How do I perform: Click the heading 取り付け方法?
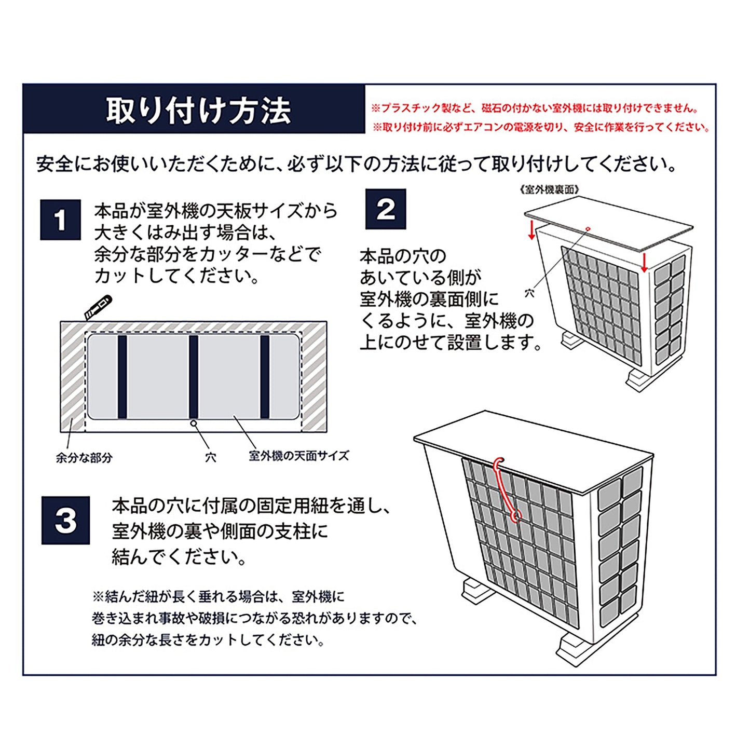click(x=198, y=111)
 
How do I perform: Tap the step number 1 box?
click(x=60, y=220)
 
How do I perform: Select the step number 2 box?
click(x=386, y=209)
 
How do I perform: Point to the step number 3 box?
click(x=65, y=521)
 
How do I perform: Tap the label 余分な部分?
click(x=84, y=458)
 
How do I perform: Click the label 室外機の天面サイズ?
click(x=299, y=456)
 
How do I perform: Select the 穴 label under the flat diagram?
click(x=211, y=457)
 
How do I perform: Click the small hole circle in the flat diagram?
click(x=193, y=424)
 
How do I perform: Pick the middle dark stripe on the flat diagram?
click(x=194, y=376)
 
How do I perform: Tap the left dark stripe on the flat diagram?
click(x=122, y=376)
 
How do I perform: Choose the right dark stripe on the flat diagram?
click(x=265, y=376)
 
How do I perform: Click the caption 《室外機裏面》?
click(x=548, y=189)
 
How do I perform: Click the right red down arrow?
click(x=644, y=263)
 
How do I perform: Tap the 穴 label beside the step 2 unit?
click(x=529, y=293)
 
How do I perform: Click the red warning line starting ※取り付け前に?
click(x=541, y=127)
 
